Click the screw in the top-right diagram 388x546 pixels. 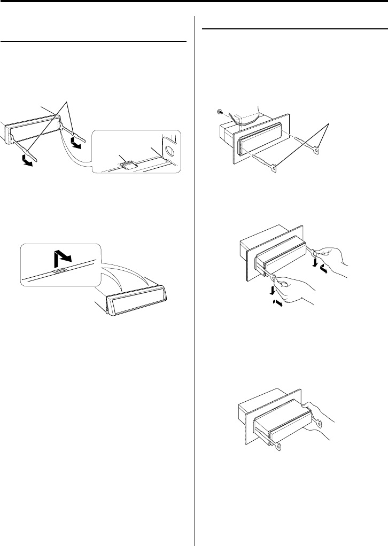click(219, 113)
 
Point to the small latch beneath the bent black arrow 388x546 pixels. click(60, 270)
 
